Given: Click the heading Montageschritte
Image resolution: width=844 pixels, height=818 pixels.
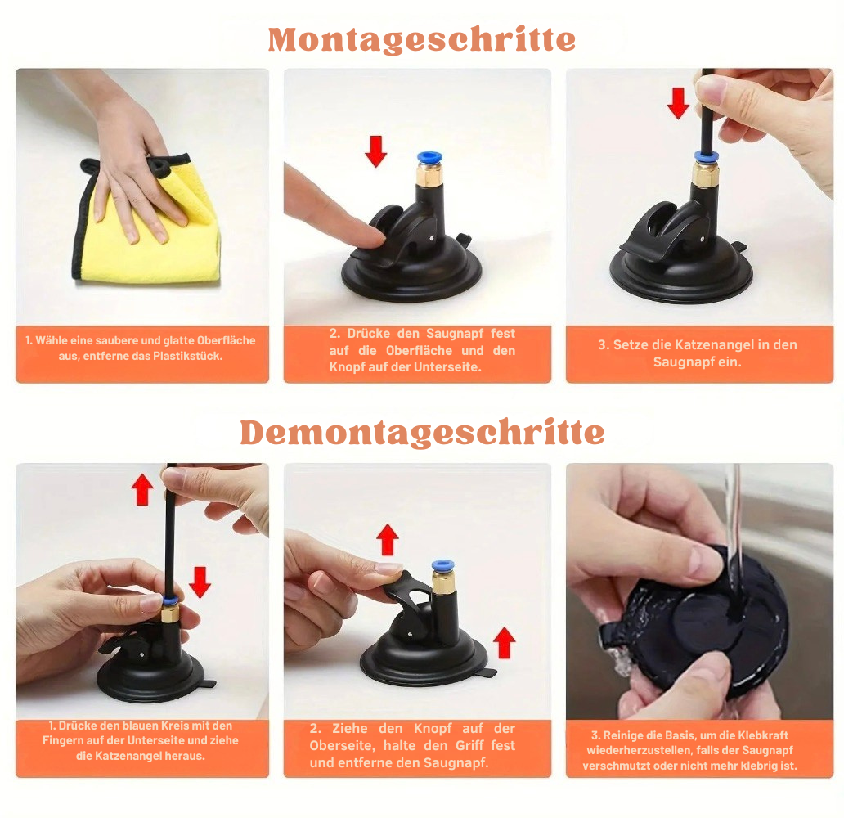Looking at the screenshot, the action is coord(421,39).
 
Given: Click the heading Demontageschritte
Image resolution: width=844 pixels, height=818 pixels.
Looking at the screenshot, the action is coord(422,433).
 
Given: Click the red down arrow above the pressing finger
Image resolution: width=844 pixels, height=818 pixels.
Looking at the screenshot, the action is coord(375,151).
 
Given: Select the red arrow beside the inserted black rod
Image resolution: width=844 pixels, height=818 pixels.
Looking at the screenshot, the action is coord(678,103).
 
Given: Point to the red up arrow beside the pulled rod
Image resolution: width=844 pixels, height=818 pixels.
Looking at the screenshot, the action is coord(142,489).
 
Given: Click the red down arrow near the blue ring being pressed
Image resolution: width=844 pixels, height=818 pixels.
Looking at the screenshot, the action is coord(200,582).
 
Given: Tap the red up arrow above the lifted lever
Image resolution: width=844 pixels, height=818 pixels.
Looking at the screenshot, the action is coord(388,540).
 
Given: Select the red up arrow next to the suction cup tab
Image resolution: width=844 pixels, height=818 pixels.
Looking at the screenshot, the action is coord(505,642).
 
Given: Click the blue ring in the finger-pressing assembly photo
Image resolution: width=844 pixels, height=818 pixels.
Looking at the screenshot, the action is coord(429,158).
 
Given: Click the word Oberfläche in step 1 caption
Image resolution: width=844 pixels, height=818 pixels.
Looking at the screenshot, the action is coord(226,340).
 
